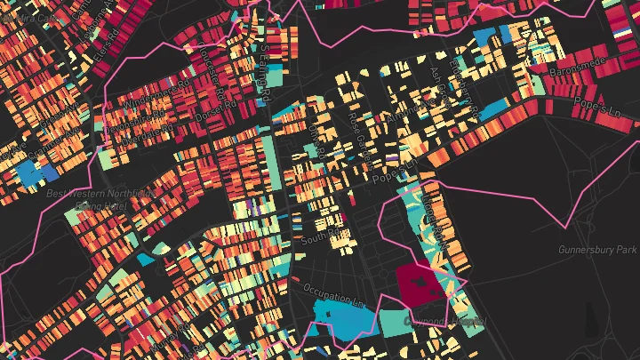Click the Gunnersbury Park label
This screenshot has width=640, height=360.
(596, 250)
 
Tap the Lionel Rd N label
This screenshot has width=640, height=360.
(437, 213)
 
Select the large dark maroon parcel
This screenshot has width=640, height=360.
(419, 284)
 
